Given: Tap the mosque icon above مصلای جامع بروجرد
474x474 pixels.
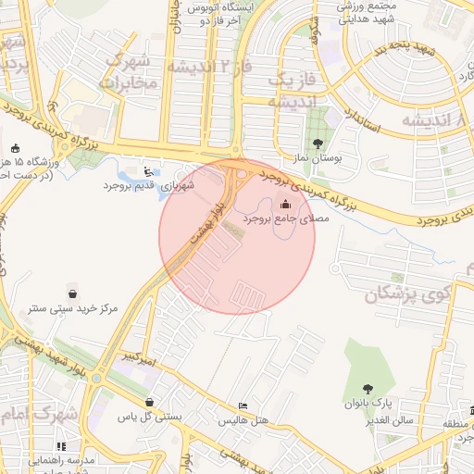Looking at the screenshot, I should (x=285, y=205).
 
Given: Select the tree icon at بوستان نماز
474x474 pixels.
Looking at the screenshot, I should (x=319, y=143).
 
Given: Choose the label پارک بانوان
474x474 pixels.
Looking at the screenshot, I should (x=370, y=405).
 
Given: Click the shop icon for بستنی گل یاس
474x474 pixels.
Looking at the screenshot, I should (x=150, y=402).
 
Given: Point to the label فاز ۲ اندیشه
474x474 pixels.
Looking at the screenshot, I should (x=206, y=67).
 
